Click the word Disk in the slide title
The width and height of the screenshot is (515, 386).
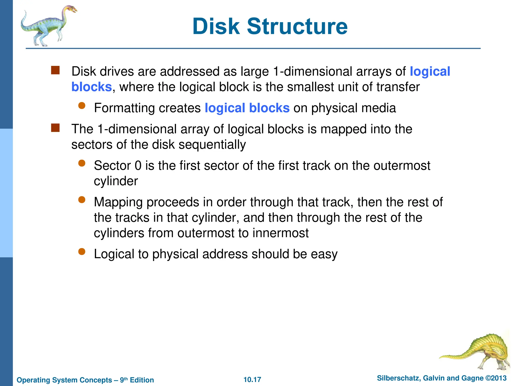216,26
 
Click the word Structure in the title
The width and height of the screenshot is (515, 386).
297,26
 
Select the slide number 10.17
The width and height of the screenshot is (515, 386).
252,379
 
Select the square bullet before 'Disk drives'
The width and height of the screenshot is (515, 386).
55,70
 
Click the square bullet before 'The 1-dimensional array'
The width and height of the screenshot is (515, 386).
55,128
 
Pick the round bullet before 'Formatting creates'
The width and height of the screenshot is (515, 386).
82,106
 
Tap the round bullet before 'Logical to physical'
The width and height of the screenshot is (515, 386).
82,252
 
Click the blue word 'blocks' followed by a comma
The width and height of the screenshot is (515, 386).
92,87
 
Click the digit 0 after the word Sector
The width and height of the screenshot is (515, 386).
138,166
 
